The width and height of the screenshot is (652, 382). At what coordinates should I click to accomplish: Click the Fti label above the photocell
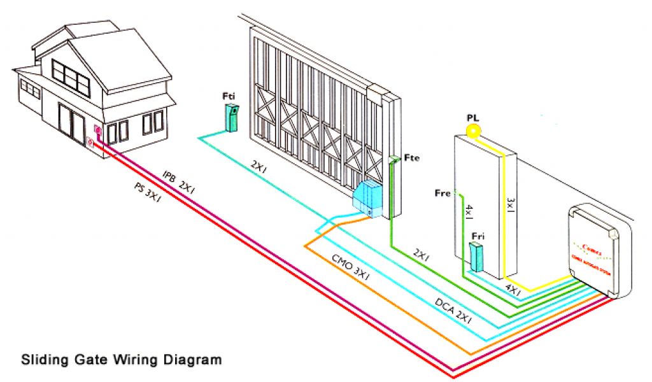click(x=229, y=97)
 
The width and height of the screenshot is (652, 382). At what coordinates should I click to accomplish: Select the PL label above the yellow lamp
click(x=472, y=118)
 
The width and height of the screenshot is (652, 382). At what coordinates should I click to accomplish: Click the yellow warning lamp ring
click(x=472, y=131)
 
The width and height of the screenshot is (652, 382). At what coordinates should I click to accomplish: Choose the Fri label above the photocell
click(x=478, y=236)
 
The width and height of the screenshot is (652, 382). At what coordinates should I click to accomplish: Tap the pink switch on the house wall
click(x=97, y=132)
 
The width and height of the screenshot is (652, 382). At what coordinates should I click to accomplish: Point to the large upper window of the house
click(x=70, y=74)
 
